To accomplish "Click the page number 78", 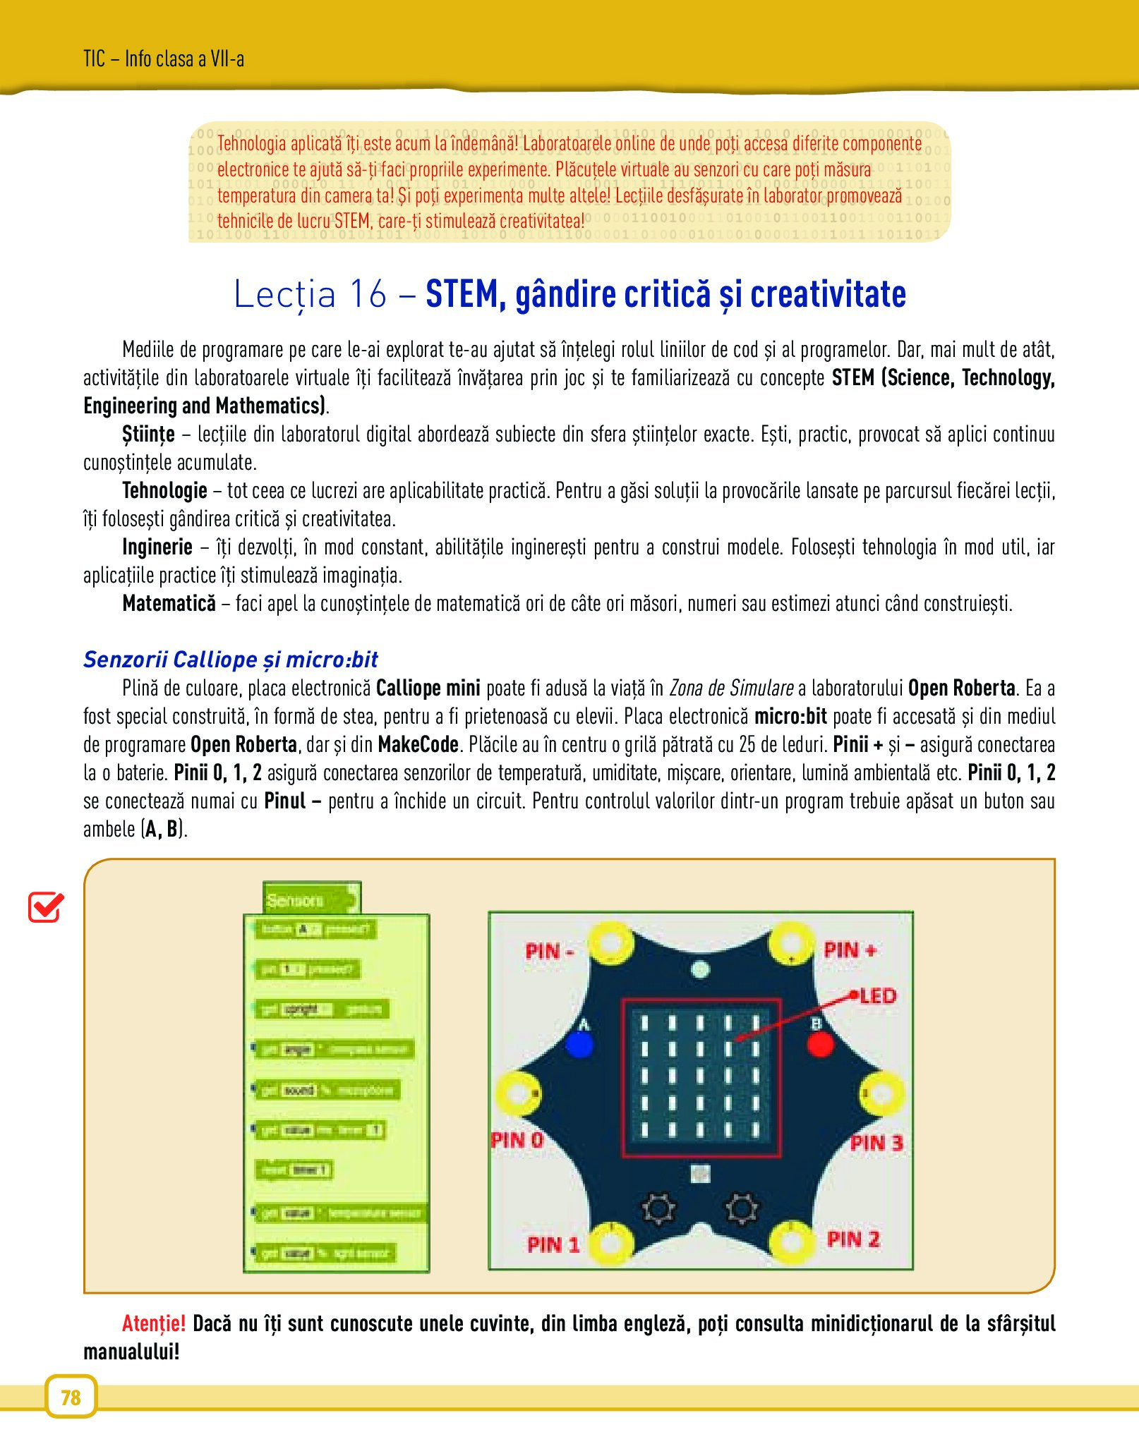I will coord(71,1397).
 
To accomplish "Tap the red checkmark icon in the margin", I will coord(46,907).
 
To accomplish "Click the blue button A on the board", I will coord(579,1044).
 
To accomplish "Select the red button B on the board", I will coord(819,1044).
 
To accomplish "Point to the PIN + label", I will coord(850,949).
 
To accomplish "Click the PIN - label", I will coord(549,951).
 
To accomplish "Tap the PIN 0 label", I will coord(517,1140).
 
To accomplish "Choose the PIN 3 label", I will coord(876,1143).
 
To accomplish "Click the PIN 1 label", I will coord(553,1244).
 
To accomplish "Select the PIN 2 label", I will coord(853,1239).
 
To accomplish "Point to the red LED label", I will coord(878,996).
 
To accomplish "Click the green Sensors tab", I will coord(311,899).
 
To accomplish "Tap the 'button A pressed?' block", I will coord(315,930).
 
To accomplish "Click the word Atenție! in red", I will coord(154,1323).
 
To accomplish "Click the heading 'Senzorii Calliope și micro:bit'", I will coord(231,659).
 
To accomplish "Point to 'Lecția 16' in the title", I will coord(311,294).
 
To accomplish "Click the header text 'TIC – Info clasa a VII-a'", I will coord(164,59).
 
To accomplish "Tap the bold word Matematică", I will coord(169,603).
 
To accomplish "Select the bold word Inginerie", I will coord(157,547).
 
